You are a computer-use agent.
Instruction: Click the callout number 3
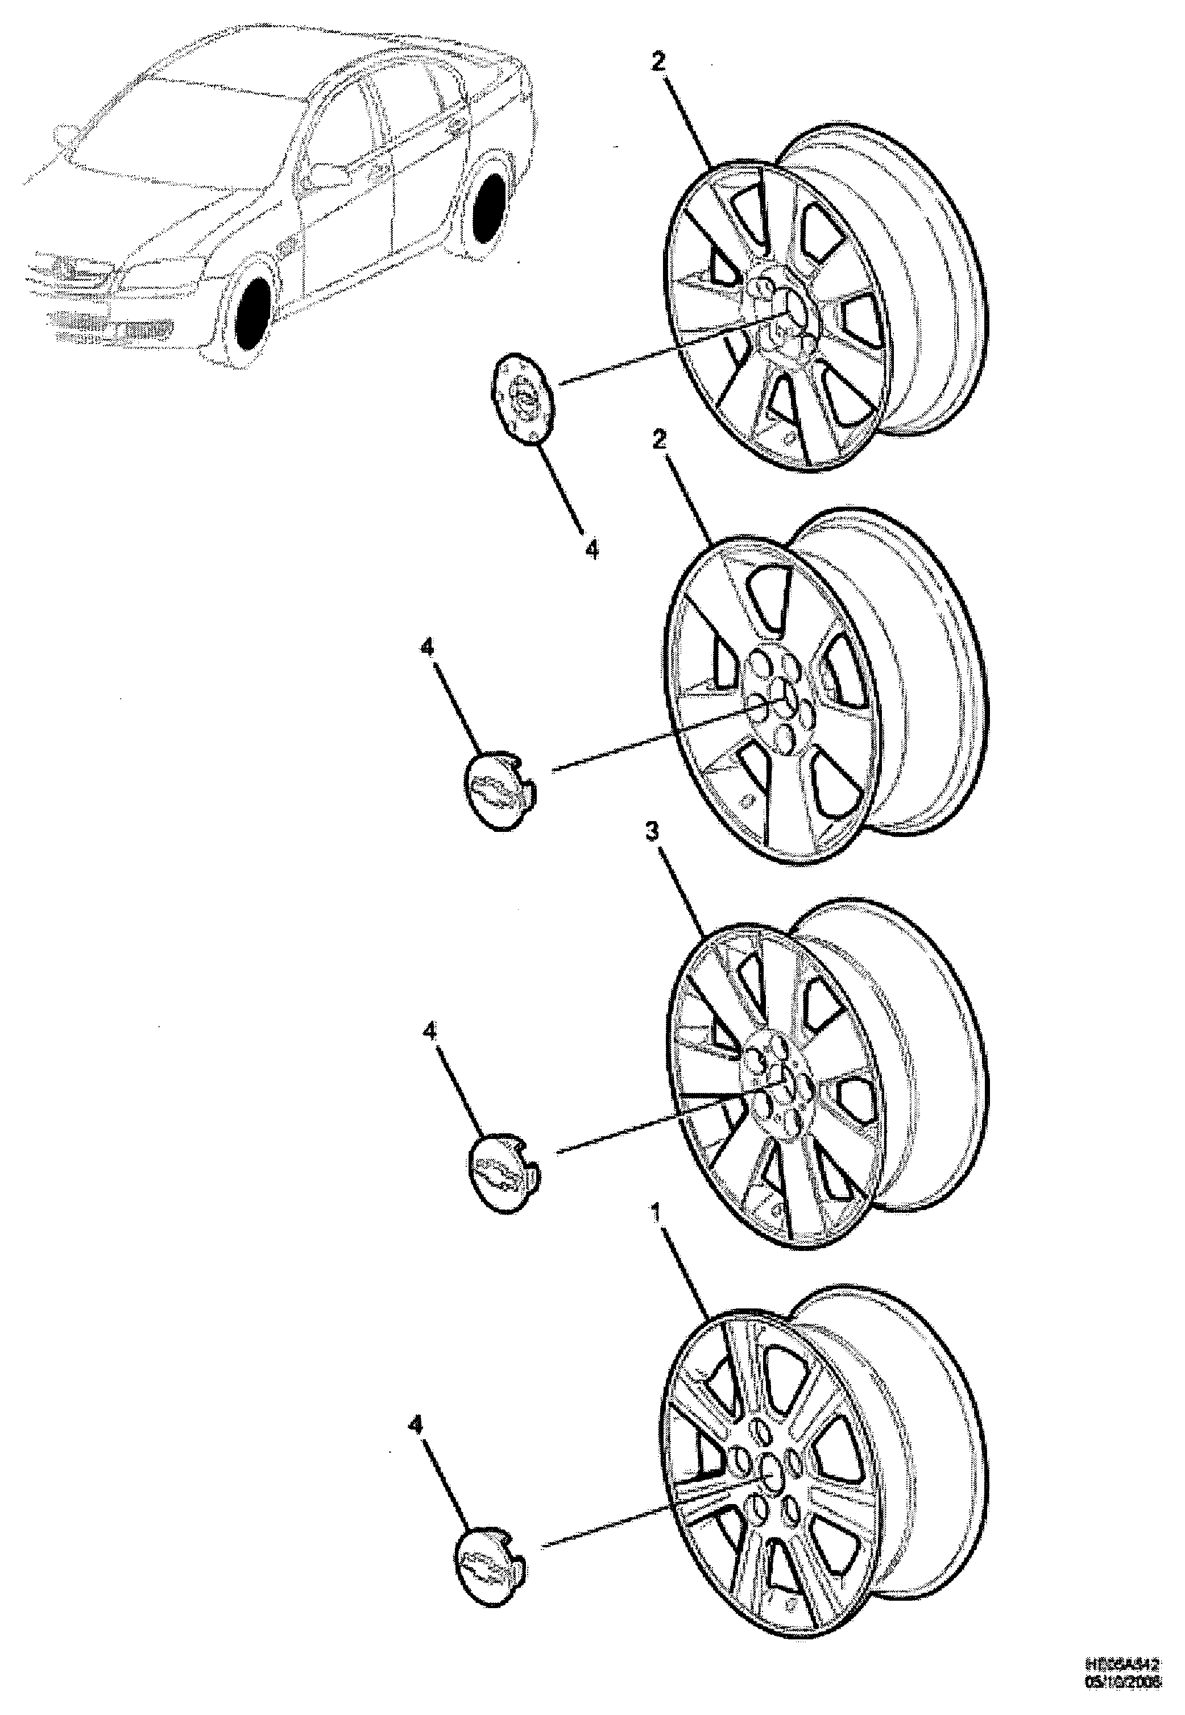[651, 832]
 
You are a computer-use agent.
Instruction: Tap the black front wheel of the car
[252, 313]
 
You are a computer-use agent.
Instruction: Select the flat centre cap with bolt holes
[524, 399]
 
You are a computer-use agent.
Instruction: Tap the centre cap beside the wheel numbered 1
[490, 1557]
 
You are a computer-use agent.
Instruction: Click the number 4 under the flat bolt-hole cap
[592, 550]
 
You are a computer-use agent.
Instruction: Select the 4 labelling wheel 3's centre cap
[430, 1032]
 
